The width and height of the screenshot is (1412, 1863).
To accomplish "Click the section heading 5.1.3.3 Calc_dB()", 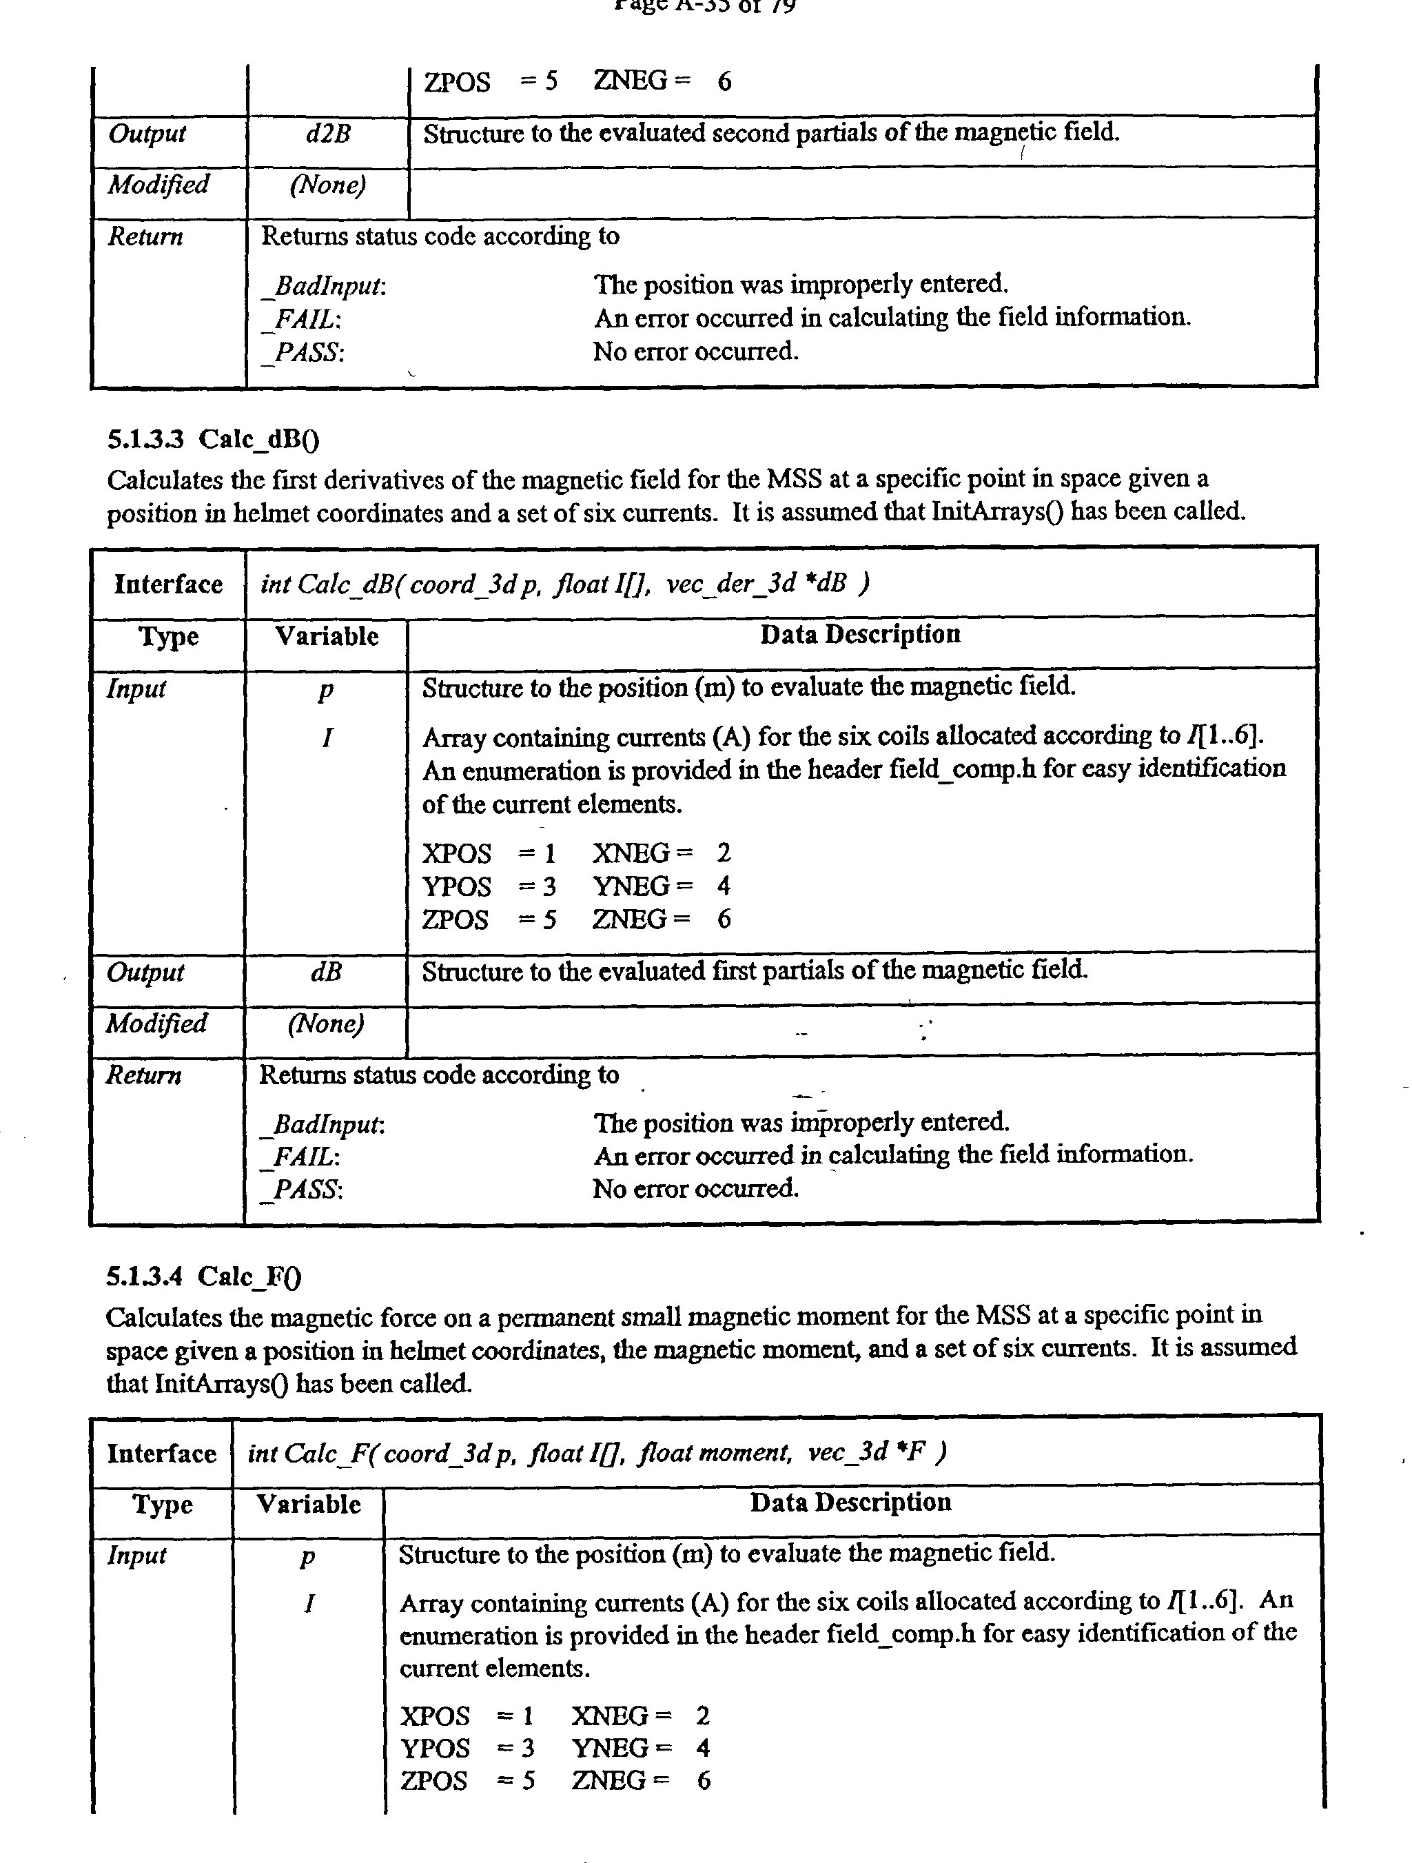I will (x=213, y=439).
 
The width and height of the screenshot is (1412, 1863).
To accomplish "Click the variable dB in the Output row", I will (x=327, y=972).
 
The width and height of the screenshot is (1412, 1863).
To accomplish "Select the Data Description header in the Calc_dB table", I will (x=859, y=634).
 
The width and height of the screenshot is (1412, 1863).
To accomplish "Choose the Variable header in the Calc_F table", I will (x=308, y=1503).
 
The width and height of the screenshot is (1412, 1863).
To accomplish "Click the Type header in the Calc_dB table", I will (x=168, y=637).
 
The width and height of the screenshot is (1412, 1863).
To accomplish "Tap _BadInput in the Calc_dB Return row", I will (x=323, y=1124).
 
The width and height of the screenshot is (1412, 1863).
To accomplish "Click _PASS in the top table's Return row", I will (x=303, y=352).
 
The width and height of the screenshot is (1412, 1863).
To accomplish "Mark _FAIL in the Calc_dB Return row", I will (x=301, y=1157).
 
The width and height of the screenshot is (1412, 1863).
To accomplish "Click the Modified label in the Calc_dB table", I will (x=156, y=1024).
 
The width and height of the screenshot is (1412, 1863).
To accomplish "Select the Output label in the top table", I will (x=147, y=134).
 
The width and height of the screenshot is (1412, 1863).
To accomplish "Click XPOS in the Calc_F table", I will (x=434, y=1716).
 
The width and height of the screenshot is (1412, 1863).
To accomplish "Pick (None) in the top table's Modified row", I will (x=327, y=185).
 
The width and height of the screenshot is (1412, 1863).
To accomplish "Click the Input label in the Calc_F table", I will (x=136, y=1555).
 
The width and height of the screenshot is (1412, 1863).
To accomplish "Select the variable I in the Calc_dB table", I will (x=327, y=737).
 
